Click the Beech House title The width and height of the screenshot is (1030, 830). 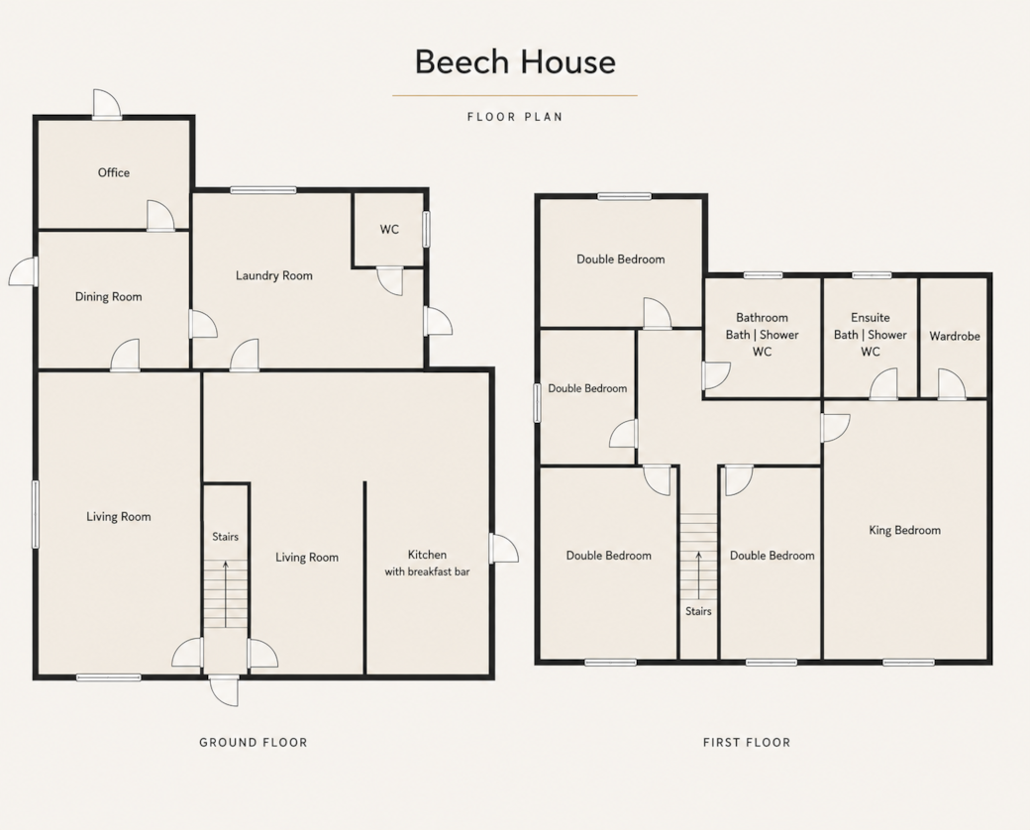(x=515, y=61)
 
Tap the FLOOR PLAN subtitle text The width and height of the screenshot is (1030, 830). (x=515, y=117)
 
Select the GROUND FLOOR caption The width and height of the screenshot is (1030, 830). (x=253, y=743)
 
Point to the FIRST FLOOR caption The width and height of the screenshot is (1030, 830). (x=747, y=743)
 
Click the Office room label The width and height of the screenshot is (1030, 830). (x=114, y=172)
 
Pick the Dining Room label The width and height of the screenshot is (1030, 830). (x=108, y=296)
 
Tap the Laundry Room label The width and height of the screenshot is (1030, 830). (x=274, y=275)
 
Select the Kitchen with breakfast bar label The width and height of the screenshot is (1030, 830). (x=427, y=564)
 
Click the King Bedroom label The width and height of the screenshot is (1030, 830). (x=904, y=530)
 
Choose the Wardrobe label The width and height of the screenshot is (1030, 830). (x=955, y=336)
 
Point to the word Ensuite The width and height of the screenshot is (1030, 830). (x=871, y=317)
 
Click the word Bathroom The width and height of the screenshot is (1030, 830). (x=762, y=317)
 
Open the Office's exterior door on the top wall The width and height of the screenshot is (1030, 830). (x=106, y=104)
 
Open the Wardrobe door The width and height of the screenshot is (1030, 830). (x=952, y=384)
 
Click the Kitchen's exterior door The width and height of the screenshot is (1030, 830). (x=504, y=548)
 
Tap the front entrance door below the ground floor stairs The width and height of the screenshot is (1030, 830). (x=224, y=690)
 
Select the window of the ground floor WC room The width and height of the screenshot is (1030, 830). (x=426, y=229)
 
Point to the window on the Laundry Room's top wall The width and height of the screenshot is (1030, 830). (x=263, y=190)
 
